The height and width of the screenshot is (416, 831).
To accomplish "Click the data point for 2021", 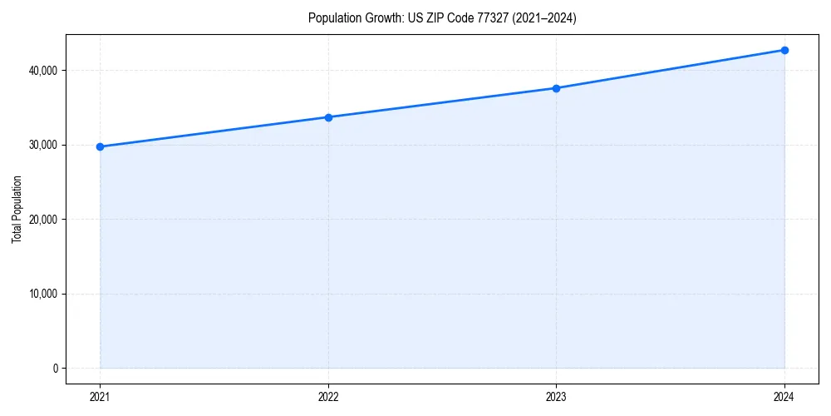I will pos(100,146).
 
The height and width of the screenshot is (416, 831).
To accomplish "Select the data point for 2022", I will pos(328,117).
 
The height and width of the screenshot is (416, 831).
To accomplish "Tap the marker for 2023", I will pos(556,88).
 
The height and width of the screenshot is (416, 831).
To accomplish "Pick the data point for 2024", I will pos(784,50).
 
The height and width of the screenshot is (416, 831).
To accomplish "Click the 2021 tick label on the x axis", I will pos(100,397).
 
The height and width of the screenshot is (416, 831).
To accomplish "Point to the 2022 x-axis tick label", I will pos(328,397).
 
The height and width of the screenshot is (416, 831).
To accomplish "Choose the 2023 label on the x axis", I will pos(556,397).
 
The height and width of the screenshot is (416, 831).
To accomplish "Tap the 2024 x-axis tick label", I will pos(784,397).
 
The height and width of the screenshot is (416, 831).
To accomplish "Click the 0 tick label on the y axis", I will pos(55,369).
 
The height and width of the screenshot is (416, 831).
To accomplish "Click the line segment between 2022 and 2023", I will pos(442,103).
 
